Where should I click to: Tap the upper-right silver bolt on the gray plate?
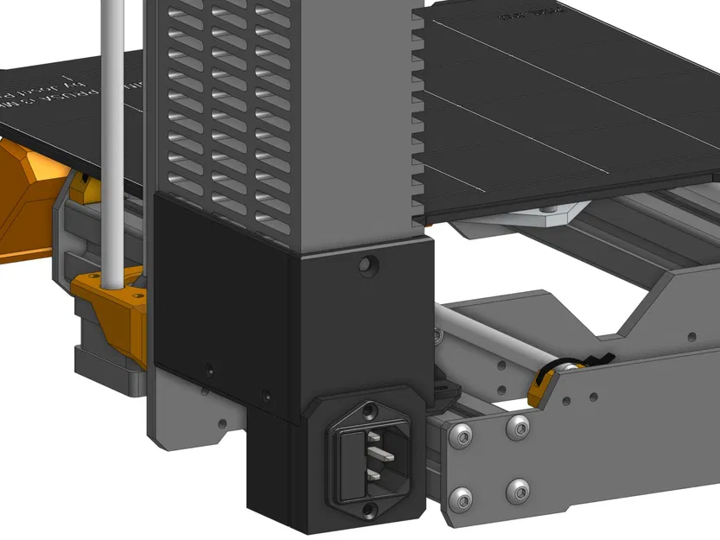click(519, 424)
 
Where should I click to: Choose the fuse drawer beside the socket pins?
click(349, 467)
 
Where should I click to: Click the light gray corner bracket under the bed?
click(519, 216)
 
